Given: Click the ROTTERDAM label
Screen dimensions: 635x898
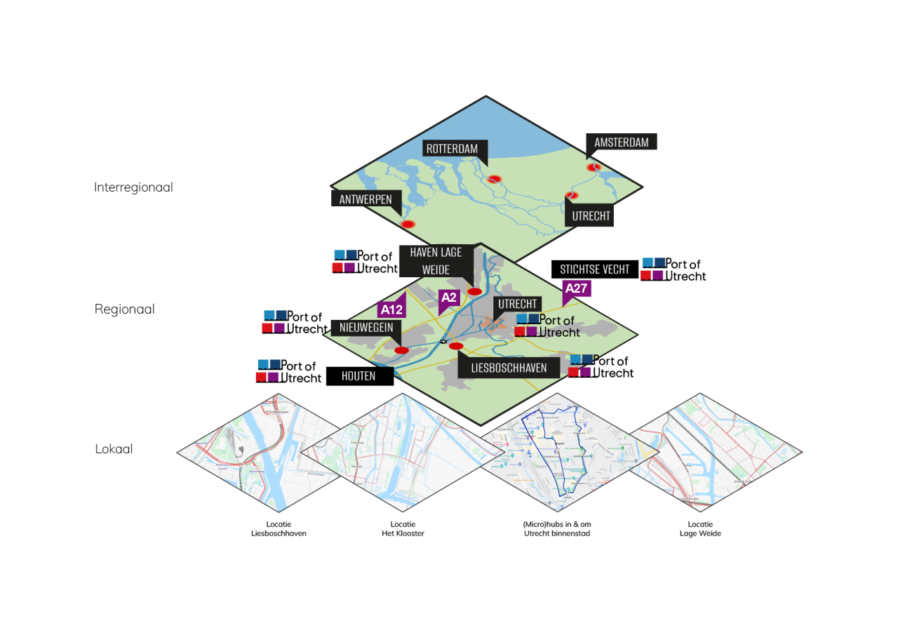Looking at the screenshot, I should coord(451,148).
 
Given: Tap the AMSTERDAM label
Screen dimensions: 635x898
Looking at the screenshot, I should coord(621,142).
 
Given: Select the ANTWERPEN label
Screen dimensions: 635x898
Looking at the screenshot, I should coord(366,199).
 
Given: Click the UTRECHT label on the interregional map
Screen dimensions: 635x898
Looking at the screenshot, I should coord(591,215).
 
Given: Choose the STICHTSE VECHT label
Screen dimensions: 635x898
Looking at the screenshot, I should coord(595,269).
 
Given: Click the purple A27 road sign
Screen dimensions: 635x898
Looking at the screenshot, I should coord(576,288).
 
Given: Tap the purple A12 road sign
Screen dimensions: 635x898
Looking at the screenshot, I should coord(391,309).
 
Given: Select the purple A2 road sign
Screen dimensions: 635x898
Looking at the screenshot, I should coord(448,298).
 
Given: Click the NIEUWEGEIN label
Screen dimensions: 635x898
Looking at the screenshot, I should coord(366,327).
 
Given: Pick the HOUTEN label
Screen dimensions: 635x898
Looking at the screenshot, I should coord(358,376).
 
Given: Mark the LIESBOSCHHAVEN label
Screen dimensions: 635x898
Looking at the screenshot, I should coord(509,368).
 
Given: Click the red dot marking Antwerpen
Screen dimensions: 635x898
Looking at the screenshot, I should coord(408,224).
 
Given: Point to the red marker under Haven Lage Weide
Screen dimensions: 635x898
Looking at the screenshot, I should coord(475,291).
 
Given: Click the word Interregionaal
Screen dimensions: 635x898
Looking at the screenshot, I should coord(133,187).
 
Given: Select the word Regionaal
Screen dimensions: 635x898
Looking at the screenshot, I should coord(125,309).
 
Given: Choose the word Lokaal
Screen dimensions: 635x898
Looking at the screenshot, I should coord(114,449).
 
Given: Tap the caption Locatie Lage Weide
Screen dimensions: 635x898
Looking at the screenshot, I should coord(700,529).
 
